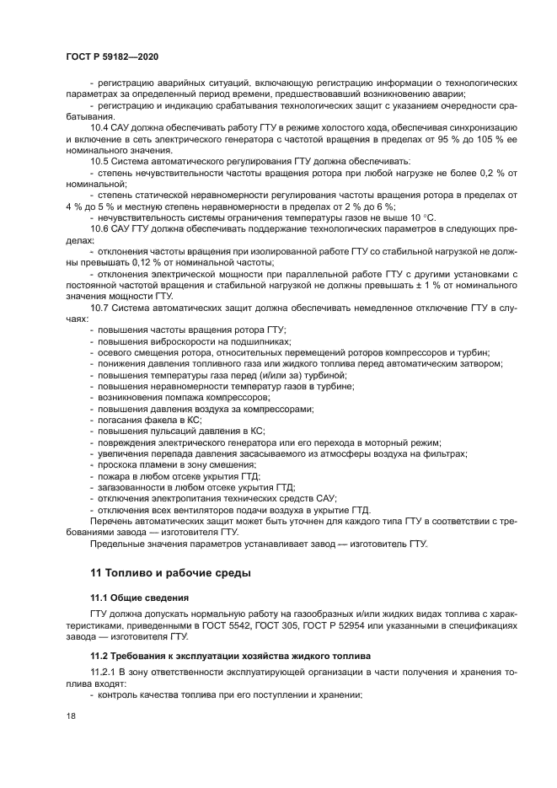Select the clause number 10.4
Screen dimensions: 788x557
(99, 127)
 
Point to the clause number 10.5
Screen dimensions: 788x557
(99, 160)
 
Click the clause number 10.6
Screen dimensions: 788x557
(99, 228)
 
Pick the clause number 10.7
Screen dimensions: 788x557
(99, 307)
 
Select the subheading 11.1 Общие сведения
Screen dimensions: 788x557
(139, 597)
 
